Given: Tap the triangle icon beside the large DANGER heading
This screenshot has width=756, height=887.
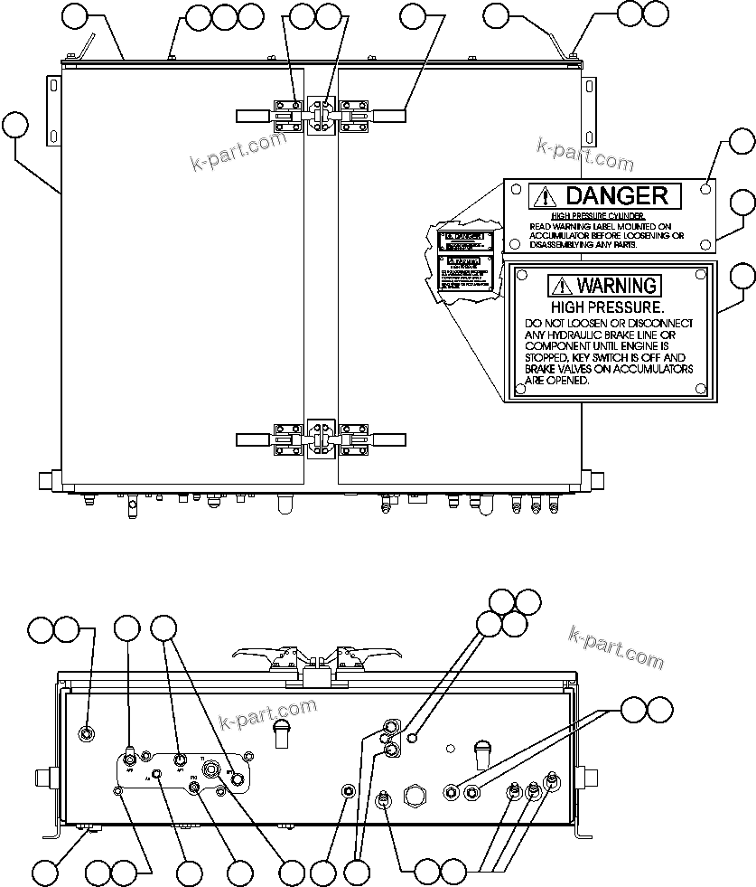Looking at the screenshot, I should [543, 195].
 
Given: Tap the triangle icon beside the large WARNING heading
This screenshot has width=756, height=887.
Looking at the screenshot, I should [560, 286].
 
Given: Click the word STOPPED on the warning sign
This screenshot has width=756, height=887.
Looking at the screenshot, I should [547, 357].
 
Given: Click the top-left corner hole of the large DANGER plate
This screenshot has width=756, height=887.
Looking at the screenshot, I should [514, 190].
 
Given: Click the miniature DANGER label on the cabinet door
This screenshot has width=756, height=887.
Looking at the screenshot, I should [462, 241].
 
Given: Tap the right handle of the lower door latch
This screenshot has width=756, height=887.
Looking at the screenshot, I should [386, 439].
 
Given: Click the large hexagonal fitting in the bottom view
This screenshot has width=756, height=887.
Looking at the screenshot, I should [416, 796].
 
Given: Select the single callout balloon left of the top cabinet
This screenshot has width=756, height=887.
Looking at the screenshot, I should [15, 124].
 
